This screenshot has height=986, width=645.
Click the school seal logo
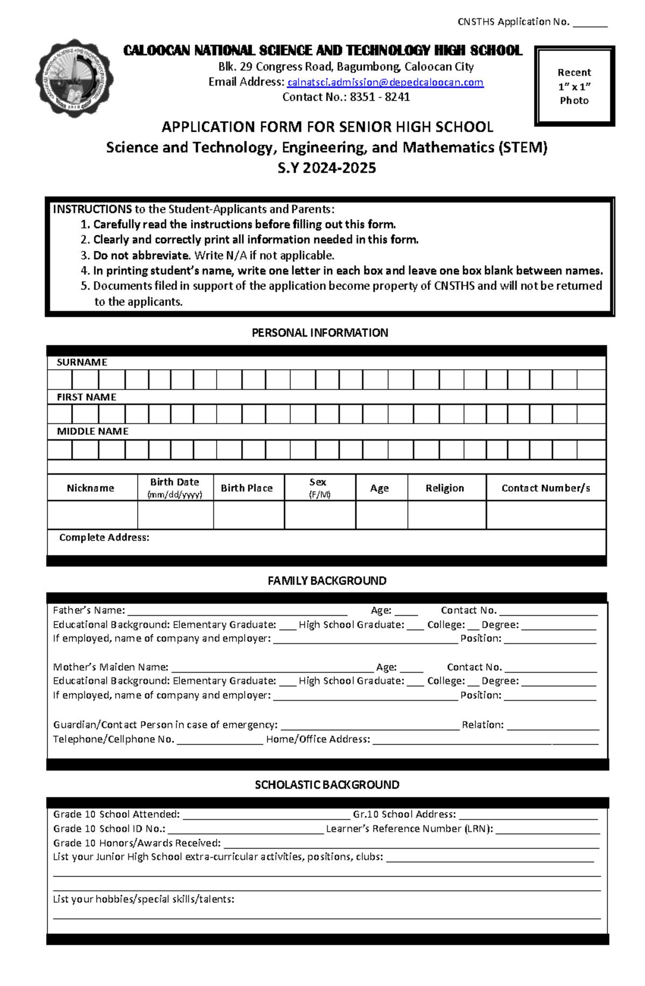tap(74, 79)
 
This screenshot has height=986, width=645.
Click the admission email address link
tap(385, 82)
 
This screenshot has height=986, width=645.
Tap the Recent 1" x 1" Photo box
tap(574, 86)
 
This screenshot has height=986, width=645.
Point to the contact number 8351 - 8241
tap(379, 97)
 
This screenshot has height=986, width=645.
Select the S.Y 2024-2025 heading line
tap(326, 168)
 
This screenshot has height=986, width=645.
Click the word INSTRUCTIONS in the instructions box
tap(92, 209)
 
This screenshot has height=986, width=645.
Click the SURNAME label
tap(82, 362)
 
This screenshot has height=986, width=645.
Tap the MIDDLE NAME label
tap(92, 431)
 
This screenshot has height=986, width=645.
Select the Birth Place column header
tap(247, 488)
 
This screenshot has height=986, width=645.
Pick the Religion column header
tap(445, 488)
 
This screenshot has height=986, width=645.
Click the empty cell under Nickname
tap(92, 515)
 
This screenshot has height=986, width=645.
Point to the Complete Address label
tap(104, 537)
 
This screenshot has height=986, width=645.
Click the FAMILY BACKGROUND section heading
tap(327, 580)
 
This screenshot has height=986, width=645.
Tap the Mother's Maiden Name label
tap(110, 667)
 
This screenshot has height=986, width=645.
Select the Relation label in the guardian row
tap(482, 724)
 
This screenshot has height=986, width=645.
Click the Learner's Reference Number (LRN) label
tap(409, 829)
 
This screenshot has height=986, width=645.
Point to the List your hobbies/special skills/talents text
tap(144, 899)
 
